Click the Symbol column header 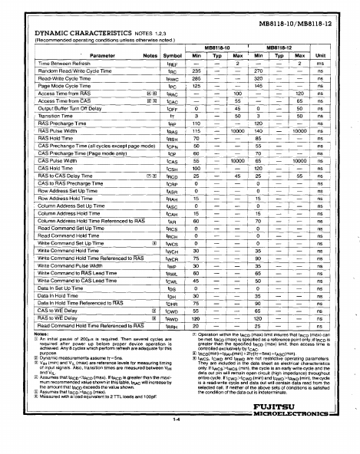coord(173,56)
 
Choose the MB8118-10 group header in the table coord(217,48)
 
